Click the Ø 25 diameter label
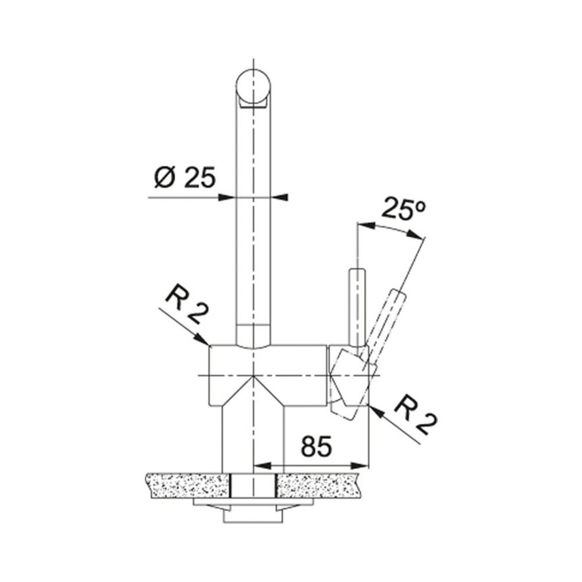click(x=184, y=177)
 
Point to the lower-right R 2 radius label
click(x=416, y=417)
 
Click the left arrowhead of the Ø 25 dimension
click(x=228, y=198)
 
